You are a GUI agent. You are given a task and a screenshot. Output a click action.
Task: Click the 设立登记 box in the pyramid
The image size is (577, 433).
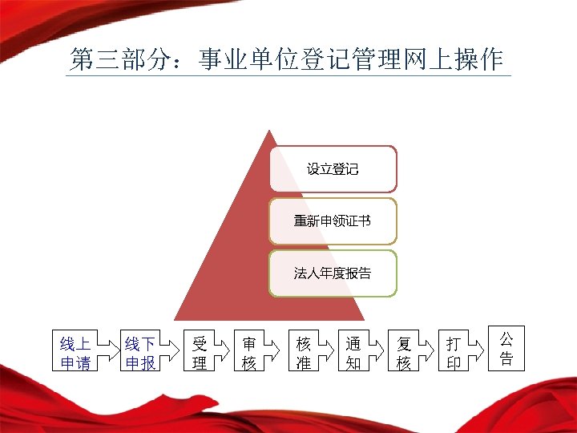[333, 168]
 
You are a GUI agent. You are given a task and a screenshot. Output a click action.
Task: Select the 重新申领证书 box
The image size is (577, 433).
[333, 221]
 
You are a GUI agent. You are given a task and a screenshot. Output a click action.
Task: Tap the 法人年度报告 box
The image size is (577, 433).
[333, 273]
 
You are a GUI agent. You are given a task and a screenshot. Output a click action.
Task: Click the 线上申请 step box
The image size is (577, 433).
[75, 353]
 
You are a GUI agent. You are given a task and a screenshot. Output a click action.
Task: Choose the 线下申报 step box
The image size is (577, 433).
[139, 353]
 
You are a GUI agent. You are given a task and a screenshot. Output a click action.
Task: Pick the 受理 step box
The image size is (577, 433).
[200, 353]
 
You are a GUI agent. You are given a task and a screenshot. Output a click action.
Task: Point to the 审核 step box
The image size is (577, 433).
[249, 353]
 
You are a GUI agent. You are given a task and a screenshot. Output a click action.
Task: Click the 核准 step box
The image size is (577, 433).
[304, 353]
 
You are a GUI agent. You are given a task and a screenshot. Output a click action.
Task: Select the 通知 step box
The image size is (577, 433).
[353, 353]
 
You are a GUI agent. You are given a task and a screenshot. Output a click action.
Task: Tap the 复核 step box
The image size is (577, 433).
[404, 353]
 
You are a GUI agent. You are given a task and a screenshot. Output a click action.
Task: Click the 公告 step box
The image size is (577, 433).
[506, 347]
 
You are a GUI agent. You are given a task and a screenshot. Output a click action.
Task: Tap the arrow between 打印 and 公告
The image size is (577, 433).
[479, 348]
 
